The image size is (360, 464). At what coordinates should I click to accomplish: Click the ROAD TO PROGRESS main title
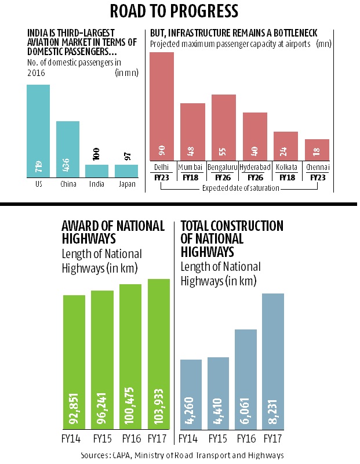[x=180, y=10]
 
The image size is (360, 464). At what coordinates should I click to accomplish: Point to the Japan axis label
[x=126, y=184]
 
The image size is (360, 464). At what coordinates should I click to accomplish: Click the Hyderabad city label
[x=254, y=167]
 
